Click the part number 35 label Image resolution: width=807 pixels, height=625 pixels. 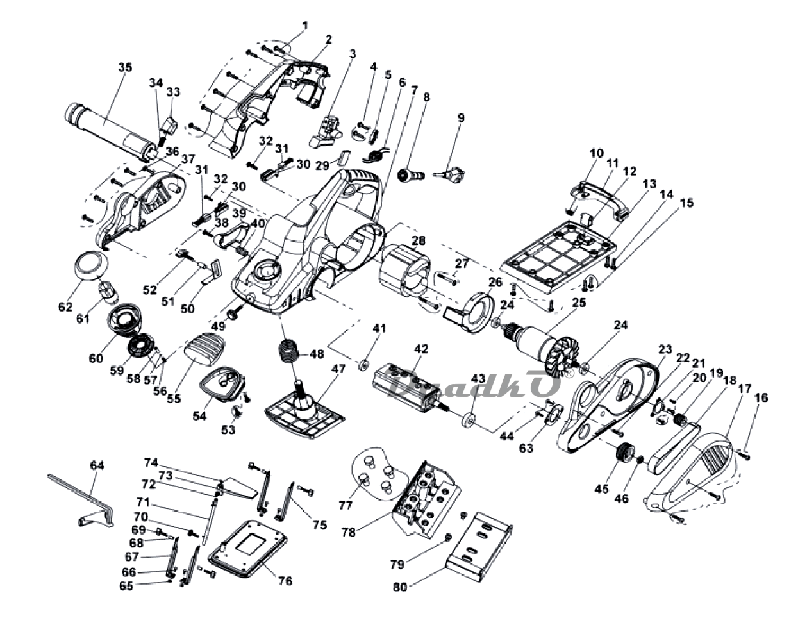(125, 67)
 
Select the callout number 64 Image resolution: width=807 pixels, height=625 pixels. (97, 465)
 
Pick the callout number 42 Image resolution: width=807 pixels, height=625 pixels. (421, 349)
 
